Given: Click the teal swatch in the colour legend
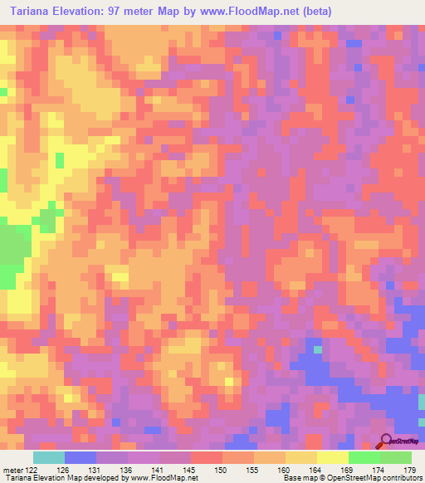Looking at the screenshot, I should [49, 457].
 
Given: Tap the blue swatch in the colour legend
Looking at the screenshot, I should [81, 457].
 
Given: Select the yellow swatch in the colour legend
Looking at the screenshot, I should [333, 457].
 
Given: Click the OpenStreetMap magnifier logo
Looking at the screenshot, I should [386, 441].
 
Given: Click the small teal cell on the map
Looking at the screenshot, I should [318, 349].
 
